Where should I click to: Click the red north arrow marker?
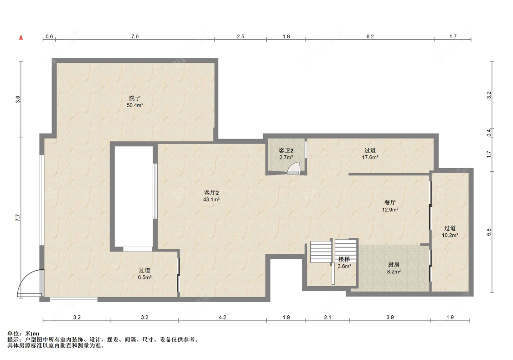[x=21, y=37]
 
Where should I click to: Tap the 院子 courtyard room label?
[x=135, y=98]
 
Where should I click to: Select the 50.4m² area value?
[x=135, y=105]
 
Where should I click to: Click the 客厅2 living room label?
[x=211, y=192]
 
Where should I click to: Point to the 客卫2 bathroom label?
[x=286, y=150]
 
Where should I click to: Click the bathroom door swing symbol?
[x=293, y=168]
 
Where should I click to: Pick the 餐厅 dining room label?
[x=390, y=203]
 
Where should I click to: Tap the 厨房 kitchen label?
[x=394, y=264]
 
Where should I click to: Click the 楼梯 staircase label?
[x=344, y=259]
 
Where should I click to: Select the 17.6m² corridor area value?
[x=370, y=157]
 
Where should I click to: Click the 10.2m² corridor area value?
[x=450, y=235]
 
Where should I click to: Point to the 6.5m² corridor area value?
[x=145, y=277]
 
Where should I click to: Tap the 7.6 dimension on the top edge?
[x=135, y=36]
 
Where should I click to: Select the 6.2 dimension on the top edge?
[x=370, y=36]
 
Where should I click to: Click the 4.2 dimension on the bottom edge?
[x=223, y=317]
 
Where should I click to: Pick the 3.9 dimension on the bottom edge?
[x=390, y=317]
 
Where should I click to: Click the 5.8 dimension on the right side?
[x=489, y=232]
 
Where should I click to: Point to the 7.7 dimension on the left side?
[x=18, y=218]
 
